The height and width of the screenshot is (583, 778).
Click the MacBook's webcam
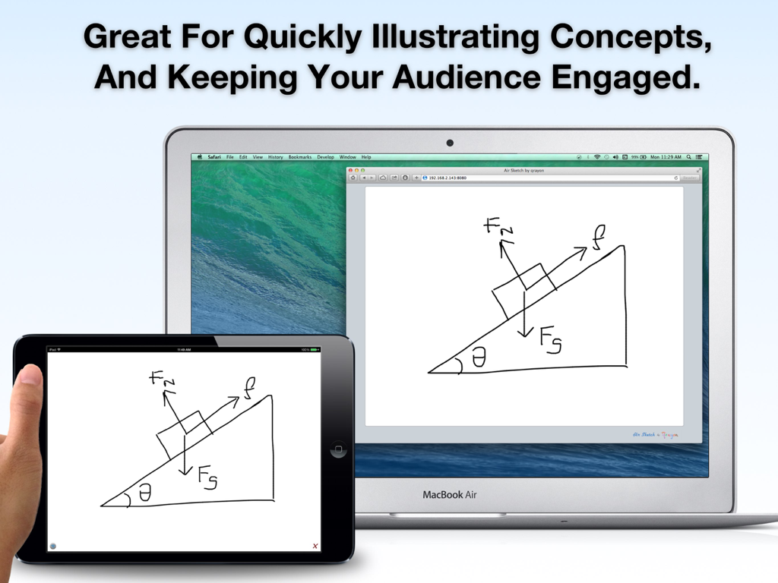click(450, 142)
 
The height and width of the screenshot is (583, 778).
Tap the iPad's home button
click(338, 450)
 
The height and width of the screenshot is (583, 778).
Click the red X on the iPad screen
click(315, 546)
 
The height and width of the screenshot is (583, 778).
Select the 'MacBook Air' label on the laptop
click(451, 495)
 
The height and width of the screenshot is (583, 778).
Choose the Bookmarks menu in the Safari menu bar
click(300, 157)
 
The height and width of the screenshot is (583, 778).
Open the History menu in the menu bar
click(275, 157)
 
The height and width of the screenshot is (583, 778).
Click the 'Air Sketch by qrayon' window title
click(524, 170)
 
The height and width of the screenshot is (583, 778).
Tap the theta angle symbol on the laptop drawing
click(479, 358)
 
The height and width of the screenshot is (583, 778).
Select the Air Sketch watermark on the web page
click(655, 435)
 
